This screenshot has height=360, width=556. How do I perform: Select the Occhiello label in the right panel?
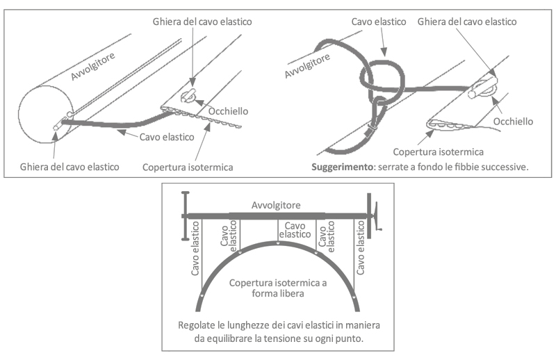pyautogui.click(x=513, y=121)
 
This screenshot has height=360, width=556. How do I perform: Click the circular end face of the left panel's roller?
pyautogui.click(x=41, y=111)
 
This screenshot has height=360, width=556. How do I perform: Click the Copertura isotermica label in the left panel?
pyautogui.click(x=187, y=167)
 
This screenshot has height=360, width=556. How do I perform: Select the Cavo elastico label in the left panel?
pyautogui.click(x=167, y=137)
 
